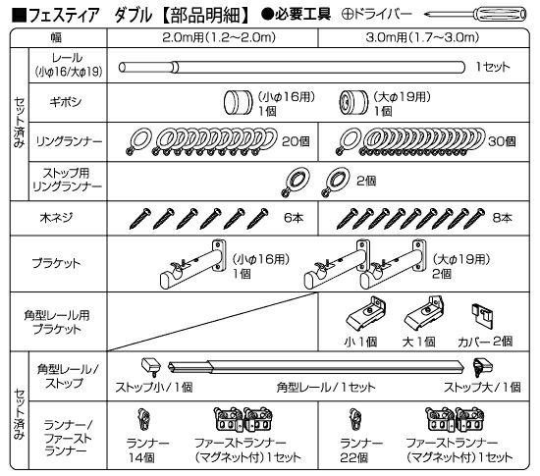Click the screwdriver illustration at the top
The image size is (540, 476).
click(475, 15)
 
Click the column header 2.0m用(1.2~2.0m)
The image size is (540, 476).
click(219, 37)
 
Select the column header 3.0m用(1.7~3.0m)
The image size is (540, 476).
click(422, 37)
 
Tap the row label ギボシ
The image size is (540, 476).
click(66, 102)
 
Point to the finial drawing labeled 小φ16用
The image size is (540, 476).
click(238, 102)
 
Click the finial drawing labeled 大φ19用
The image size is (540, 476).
click(353, 102)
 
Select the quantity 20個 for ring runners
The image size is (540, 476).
click(296, 141)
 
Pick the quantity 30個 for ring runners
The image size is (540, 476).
click(502, 141)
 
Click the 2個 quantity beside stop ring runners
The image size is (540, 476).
click(366, 181)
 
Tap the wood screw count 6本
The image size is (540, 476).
click(294, 218)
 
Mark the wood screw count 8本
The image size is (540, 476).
click(503, 218)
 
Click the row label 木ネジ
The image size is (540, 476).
click(56, 218)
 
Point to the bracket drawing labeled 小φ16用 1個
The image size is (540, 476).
click(193, 264)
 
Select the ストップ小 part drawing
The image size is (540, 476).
click(151, 367)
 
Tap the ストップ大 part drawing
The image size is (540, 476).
click(482, 367)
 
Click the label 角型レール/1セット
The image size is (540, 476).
click(325, 388)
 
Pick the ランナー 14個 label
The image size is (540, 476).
click(147, 450)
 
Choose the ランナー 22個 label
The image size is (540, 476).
click(360, 450)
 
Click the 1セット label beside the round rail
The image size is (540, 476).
click(493, 67)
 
